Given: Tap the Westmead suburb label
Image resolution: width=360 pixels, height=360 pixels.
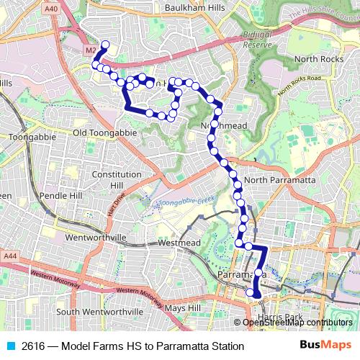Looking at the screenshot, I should click(177, 243).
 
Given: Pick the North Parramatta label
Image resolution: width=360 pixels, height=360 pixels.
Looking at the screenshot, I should click(281, 179).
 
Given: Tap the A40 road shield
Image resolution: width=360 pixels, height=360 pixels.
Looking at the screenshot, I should click(51, 8).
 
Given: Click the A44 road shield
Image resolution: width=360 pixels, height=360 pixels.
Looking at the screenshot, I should click(9, 256).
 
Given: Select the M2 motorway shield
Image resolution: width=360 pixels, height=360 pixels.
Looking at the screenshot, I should click(90, 51).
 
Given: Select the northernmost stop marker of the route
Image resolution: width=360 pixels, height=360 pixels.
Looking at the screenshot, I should click(105, 45).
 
